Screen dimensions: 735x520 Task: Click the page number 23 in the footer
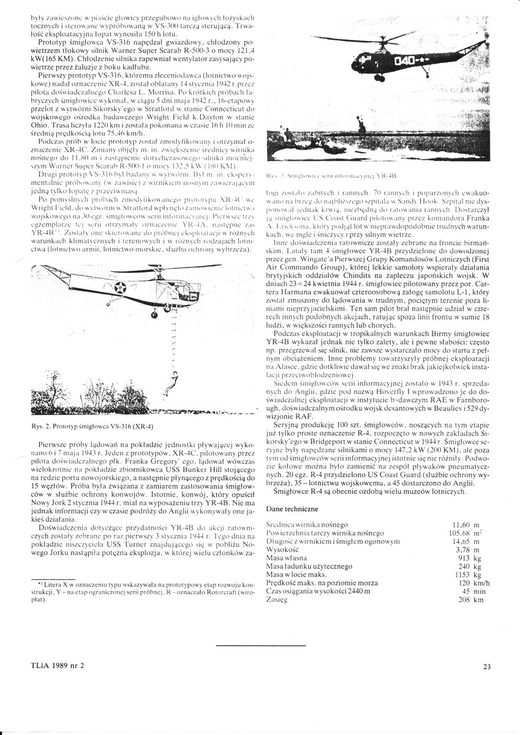(x=487, y=667)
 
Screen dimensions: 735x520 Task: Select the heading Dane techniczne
(x=291, y=509)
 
